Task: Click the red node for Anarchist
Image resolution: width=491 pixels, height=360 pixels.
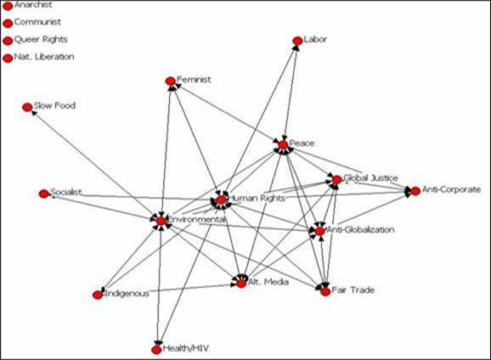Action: click(8, 6)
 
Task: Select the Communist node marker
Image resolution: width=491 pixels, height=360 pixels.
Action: click(8, 24)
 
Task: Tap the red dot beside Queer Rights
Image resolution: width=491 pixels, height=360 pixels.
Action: click(8, 41)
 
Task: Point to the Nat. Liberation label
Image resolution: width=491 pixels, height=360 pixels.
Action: click(44, 57)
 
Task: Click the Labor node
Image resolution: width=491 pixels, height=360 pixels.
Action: click(297, 41)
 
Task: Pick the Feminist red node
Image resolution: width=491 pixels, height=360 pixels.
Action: click(171, 82)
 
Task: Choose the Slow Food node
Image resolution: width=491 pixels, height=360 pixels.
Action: click(27, 107)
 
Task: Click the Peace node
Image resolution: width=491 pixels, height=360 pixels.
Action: click(283, 145)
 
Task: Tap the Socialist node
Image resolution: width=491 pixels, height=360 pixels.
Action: click(44, 194)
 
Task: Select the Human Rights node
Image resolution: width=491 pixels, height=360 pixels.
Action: click(221, 200)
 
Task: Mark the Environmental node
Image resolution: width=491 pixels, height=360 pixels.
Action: click(161, 221)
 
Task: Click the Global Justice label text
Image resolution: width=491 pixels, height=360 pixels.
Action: click(370, 178)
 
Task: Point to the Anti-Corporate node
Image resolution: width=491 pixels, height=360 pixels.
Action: click(415, 191)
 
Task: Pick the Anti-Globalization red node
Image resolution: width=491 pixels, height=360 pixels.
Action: click(319, 232)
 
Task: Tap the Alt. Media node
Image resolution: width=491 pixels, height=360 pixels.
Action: click(241, 284)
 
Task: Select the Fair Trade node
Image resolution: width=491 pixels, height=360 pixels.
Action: click(325, 292)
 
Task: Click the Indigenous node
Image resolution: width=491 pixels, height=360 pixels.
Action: click(98, 295)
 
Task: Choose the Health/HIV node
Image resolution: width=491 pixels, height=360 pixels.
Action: click(156, 350)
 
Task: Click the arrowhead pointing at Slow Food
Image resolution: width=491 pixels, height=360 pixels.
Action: click(34, 112)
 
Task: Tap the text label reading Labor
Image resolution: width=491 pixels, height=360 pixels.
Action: click(315, 39)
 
